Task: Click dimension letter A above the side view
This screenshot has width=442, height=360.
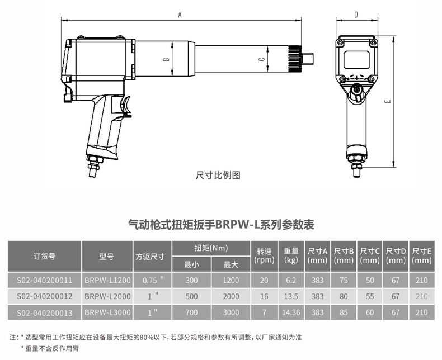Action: point(180,15)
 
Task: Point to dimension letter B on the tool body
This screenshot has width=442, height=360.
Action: point(167,59)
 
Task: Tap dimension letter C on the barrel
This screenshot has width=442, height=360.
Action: point(262,59)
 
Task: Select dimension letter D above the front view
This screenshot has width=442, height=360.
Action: point(356,15)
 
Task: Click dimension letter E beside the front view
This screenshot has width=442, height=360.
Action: point(388,101)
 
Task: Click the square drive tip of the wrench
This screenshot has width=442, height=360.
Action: point(308,59)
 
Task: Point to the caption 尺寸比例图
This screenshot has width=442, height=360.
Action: point(218,175)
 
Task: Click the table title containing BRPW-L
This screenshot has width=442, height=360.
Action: point(221,225)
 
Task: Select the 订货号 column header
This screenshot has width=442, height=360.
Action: point(45,257)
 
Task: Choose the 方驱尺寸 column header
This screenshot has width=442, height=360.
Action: point(150,257)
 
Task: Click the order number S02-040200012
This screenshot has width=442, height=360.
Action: point(45,296)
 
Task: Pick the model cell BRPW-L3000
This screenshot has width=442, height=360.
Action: point(107,312)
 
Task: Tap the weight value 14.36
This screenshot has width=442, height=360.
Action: point(291,312)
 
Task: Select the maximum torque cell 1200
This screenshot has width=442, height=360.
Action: point(231,280)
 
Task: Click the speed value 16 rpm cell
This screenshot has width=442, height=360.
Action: point(264,296)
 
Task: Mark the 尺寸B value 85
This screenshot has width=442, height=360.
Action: point(344,312)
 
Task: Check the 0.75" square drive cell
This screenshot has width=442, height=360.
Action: point(153,280)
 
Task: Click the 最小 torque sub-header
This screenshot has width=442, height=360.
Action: point(191,264)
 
